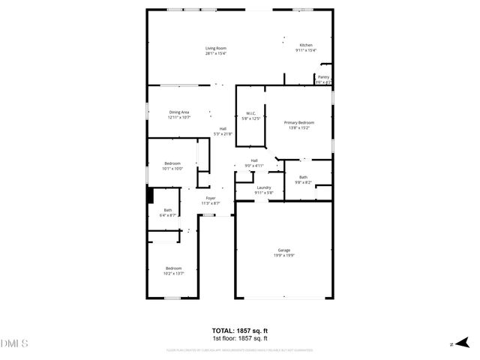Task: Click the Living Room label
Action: tap(216, 49)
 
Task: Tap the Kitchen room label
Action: tap(306, 45)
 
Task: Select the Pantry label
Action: tap(323, 76)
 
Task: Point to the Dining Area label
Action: tap(178, 112)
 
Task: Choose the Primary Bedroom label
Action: tap(298, 122)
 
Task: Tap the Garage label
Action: tap(284, 250)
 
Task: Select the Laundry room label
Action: tap(263, 187)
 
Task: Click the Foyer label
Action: tap(211, 198)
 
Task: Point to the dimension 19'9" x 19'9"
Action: tap(284, 255)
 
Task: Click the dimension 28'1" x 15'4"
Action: tap(216, 54)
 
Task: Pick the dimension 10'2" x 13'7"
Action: tap(174, 274)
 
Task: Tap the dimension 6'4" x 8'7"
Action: tap(168, 215)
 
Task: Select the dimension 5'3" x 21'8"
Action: tap(223, 134)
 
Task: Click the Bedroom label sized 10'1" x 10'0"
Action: tap(172, 163)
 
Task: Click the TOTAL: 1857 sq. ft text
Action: tap(240, 330)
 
